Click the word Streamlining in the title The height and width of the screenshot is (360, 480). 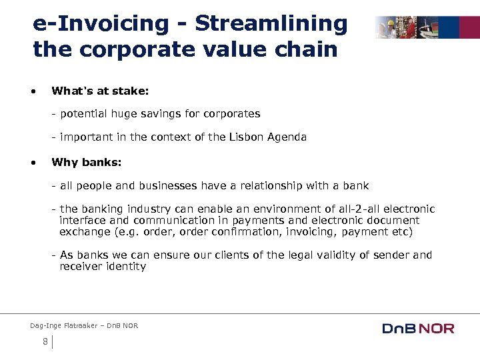tap(271, 23)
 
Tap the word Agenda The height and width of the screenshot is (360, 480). tap(287, 137)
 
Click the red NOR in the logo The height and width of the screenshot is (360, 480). tap(437, 328)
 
